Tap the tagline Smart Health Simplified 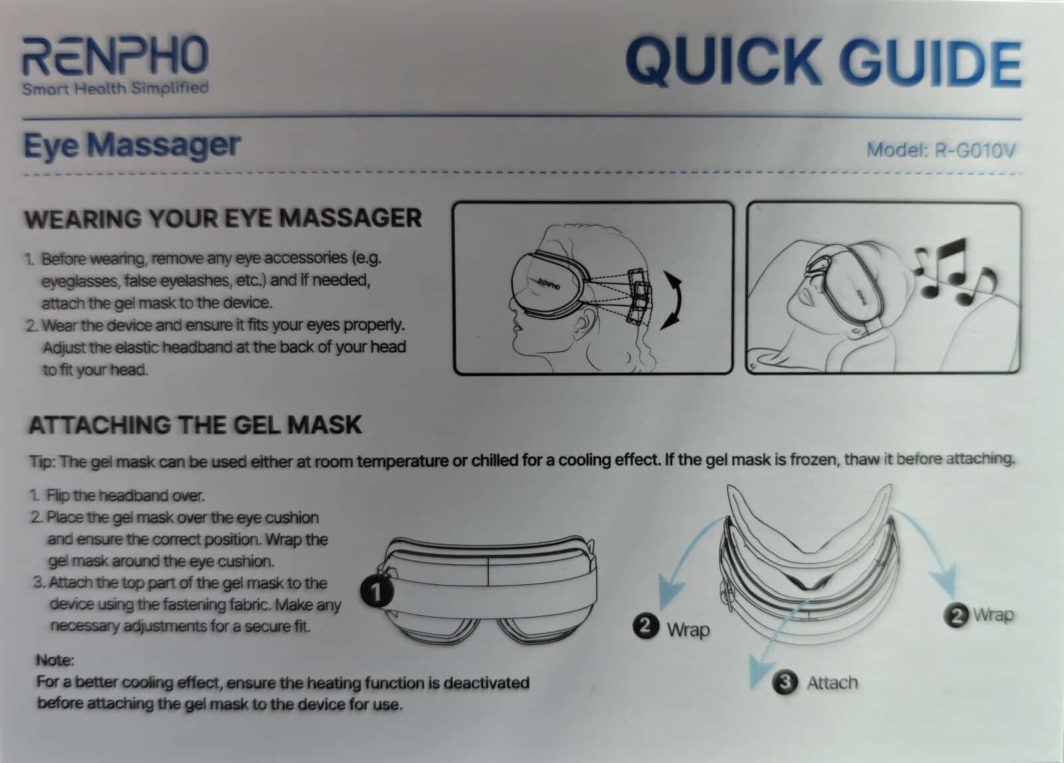pos(116,88)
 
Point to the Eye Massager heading pos(132,146)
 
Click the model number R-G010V pos(975,150)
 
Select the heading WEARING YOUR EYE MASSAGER pos(223,219)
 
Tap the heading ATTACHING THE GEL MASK pos(196,425)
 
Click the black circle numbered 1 pos(376,592)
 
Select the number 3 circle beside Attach pos(785,683)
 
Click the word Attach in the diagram pos(832,683)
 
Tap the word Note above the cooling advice pos(55,661)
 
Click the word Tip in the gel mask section pos(43,461)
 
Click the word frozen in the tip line pos(807,460)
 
